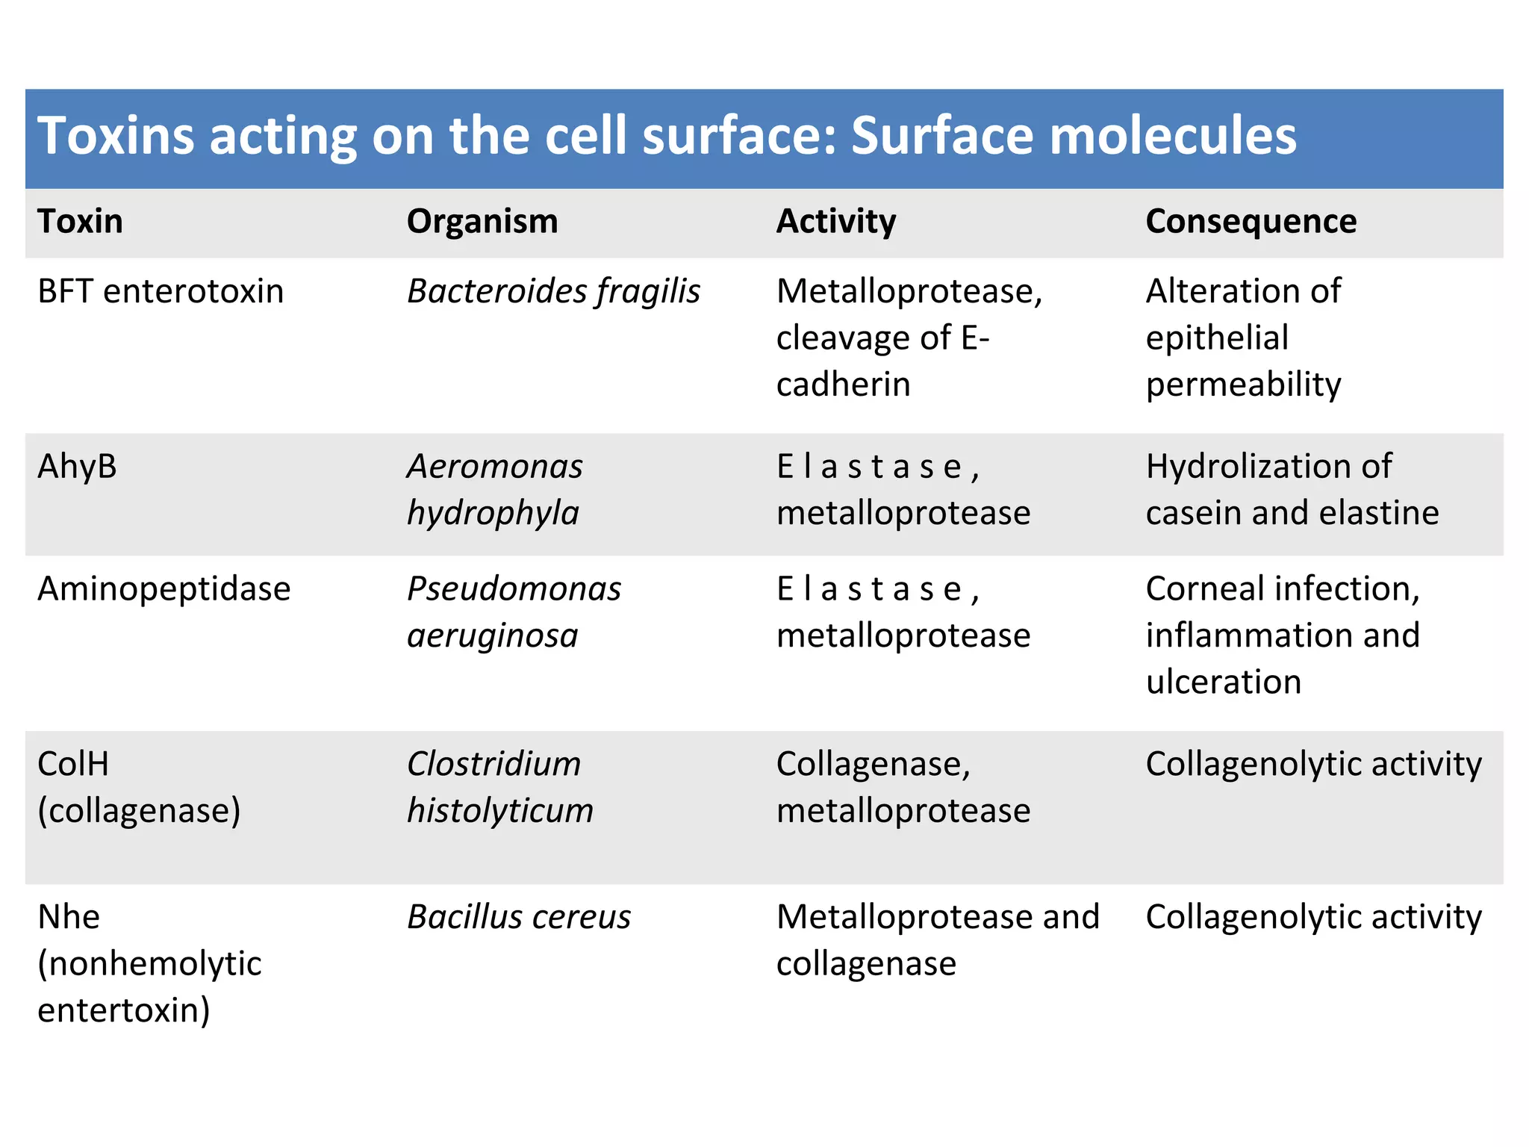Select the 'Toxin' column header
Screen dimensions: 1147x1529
80,222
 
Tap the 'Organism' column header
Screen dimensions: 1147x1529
482,222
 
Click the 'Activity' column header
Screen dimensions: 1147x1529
836,222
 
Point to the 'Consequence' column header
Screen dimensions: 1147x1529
1251,222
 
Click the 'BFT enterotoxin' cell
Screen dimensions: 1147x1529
161,291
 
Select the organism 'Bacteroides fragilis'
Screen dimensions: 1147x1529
553,291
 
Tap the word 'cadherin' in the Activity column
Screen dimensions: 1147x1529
843,385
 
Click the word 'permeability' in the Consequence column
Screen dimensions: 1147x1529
1243,385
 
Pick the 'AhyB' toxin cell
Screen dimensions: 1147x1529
77,467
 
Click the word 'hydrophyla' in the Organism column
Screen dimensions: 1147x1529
493,513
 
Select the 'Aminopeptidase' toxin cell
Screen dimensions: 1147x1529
164,589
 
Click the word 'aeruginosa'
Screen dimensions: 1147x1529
493,635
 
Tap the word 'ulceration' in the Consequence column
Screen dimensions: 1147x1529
1224,682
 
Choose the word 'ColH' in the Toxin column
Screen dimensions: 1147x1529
73,764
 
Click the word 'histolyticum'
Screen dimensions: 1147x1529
500,810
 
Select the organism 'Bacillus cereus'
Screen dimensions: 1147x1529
519,917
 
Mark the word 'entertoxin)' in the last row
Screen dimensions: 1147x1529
124,1010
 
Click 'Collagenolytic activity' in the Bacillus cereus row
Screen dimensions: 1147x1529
1313,917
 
